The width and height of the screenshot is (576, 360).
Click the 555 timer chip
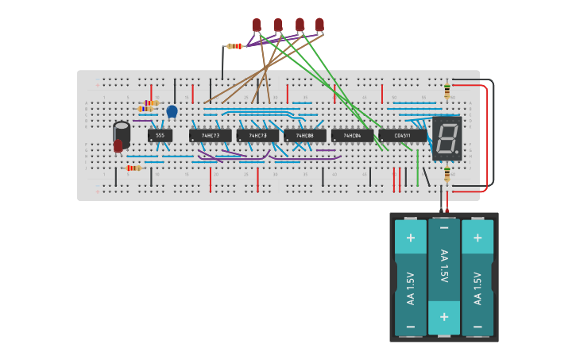click(x=160, y=136)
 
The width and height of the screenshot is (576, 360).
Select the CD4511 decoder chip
click(x=403, y=136)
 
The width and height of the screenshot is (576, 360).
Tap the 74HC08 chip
click(x=305, y=136)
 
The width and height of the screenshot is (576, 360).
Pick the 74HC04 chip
click(x=352, y=136)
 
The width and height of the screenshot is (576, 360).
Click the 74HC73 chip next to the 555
click(x=211, y=136)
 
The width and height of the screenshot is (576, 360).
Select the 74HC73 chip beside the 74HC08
click(x=257, y=136)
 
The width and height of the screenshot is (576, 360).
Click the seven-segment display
click(x=447, y=138)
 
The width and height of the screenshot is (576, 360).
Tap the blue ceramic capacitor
click(x=172, y=111)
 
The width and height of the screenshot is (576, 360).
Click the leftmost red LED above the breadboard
click(x=257, y=25)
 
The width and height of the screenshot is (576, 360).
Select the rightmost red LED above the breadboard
click(x=319, y=25)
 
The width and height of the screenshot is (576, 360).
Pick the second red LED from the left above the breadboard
click(x=278, y=25)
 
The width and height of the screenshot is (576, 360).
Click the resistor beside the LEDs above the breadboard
click(x=234, y=46)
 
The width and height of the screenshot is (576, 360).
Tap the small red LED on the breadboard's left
click(x=118, y=145)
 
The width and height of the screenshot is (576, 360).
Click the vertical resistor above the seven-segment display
click(x=446, y=91)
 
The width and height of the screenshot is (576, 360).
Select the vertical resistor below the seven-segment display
click(x=446, y=174)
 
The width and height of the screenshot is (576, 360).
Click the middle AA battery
click(x=443, y=277)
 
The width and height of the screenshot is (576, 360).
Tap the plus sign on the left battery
click(x=411, y=237)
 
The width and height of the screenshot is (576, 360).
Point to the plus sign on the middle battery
click(x=443, y=317)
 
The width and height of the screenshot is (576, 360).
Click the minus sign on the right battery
click(x=477, y=326)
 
